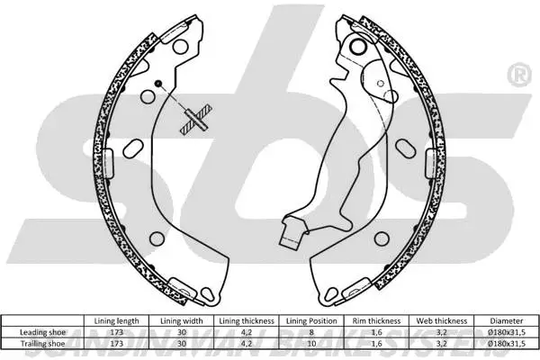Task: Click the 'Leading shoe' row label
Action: pos(45,331)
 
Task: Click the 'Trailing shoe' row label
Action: pos(45,342)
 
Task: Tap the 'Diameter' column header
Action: pos(504,320)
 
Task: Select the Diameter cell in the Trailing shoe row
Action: pos(504,342)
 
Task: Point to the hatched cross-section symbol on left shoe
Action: pos(196,119)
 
